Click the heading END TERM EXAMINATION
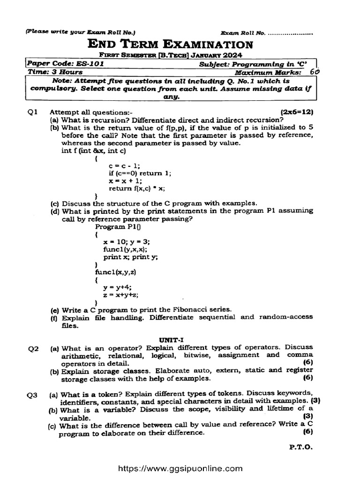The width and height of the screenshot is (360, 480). click(x=171, y=45)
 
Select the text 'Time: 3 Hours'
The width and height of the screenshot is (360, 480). click(x=55, y=72)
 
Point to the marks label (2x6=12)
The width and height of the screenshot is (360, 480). click(x=296, y=112)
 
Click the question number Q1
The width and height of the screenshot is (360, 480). click(x=32, y=112)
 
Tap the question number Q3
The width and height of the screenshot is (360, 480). click(x=32, y=395)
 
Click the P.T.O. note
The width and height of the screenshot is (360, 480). click(x=301, y=447)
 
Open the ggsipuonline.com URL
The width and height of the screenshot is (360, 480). click(x=180, y=468)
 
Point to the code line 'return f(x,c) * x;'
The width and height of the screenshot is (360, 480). click(x=137, y=188)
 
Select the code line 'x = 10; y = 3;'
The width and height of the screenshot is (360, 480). click(x=127, y=242)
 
